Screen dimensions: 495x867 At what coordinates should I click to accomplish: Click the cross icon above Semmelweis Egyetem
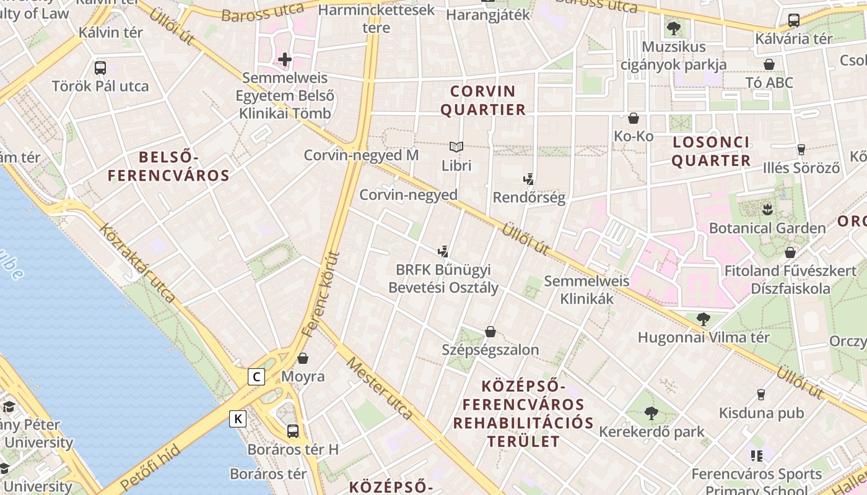click(285, 59)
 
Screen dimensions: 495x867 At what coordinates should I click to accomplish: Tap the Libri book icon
click(456, 147)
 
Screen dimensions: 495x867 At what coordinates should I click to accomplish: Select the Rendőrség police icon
click(528, 179)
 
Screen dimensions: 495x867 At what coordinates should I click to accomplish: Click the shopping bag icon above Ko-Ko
click(634, 118)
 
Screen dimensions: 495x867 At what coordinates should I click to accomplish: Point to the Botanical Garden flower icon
click(767, 209)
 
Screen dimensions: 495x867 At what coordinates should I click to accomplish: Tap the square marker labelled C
click(256, 376)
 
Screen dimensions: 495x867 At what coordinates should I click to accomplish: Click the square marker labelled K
click(238, 419)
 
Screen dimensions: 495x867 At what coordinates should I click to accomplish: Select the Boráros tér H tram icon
click(293, 431)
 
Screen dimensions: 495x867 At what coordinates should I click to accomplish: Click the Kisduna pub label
click(761, 413)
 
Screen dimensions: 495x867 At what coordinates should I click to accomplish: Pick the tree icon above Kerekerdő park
click(651, 413)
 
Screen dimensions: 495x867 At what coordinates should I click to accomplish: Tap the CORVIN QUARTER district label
click(487, 101)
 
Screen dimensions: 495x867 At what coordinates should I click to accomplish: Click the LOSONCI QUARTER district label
click(711, 152)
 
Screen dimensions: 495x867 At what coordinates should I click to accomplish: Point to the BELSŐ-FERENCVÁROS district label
click(168, 166)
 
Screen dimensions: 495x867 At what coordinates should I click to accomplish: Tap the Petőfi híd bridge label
click(150, 467)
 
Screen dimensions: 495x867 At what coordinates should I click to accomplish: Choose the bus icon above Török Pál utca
click(100, 67)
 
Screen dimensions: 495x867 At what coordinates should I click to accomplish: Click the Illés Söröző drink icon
click(801, 149)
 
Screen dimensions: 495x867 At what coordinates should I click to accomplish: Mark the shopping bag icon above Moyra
click(303, 358)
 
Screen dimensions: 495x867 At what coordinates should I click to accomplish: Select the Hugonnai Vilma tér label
click(704, 338)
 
